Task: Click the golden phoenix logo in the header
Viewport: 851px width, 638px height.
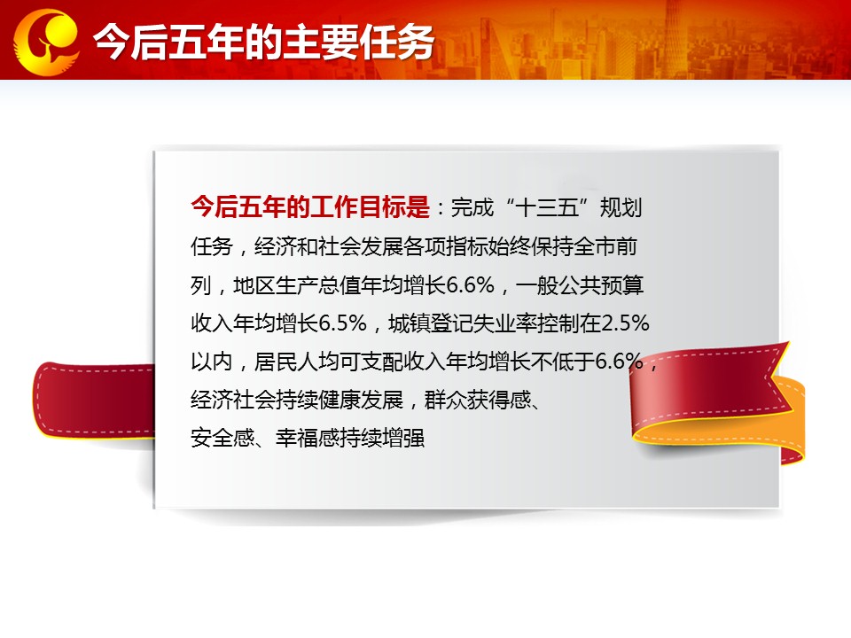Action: coord(46,42)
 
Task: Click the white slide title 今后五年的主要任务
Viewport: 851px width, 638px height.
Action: coord(263,42)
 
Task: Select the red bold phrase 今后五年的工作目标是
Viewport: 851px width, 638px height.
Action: coord(310,207)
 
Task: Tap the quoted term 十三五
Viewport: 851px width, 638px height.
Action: coord(547,207)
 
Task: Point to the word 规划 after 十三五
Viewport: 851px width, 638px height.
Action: coord(621,207)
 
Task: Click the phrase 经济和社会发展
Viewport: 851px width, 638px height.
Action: coord(318,246)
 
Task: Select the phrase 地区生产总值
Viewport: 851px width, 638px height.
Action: coord(297,284)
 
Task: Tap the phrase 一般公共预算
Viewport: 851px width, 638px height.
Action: coord(580,284)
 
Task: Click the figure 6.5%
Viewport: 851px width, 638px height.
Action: coord(342,323)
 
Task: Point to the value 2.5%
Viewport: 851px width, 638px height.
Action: coord(625,323)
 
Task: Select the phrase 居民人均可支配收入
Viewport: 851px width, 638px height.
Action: coord(350,362)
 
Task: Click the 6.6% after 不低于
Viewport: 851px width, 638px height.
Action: coord(620,361)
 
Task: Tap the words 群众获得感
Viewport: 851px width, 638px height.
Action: coord(478,400)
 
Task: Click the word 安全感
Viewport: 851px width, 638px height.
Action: coord(223,438)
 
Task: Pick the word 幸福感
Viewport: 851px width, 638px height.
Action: coord(308,438)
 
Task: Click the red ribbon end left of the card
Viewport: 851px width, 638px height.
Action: coord(93,400)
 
